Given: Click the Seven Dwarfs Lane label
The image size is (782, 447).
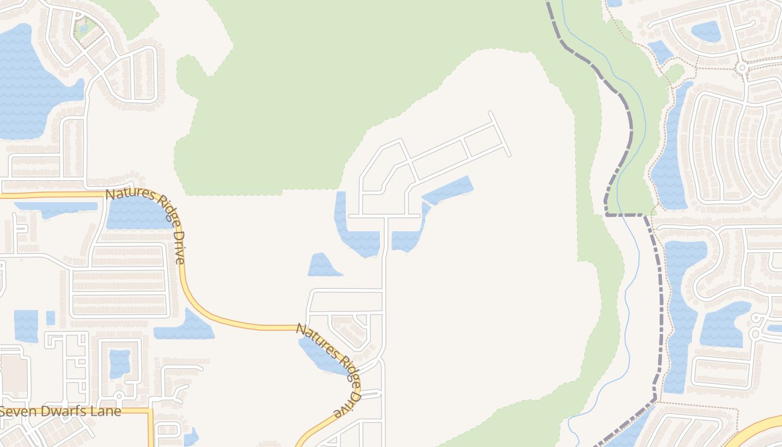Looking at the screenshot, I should tap(60, 412).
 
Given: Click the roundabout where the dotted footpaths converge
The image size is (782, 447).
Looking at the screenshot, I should tap(742, 68).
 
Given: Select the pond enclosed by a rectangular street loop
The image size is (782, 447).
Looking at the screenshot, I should tap(119, 363).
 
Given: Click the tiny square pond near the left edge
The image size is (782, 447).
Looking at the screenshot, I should tap(50, 318).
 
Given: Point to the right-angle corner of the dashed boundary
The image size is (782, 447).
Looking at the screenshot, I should tap(607, 214).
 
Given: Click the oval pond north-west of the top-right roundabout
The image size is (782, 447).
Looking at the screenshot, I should tap(706, 31).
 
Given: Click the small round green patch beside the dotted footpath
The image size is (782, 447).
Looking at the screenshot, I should tap(675, 73).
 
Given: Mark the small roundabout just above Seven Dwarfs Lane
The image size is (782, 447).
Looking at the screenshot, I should tap(118, 396).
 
